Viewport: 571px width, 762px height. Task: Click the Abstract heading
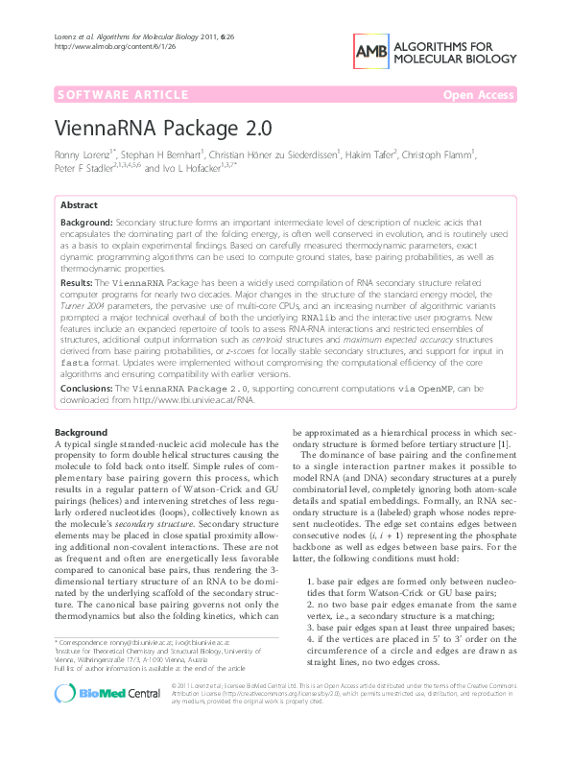coord(79,205)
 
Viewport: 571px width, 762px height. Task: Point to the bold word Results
coord(76,284)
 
